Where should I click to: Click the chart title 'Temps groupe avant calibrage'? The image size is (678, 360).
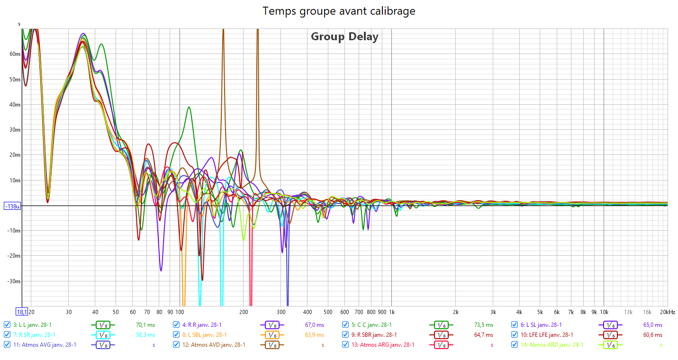coord(339,11)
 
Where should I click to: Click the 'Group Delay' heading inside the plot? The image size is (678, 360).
coord(344,36)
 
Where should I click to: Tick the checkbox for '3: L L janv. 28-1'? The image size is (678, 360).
coord(7,325)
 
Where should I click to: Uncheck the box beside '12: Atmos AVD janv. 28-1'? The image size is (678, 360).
coord(176,345)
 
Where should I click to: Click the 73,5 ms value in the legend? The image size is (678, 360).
coord(484,325)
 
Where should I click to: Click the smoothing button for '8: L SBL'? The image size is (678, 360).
coord(271,335)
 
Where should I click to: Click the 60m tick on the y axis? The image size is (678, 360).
coord(15,54)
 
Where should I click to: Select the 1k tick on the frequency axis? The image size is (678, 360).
coord(392,312)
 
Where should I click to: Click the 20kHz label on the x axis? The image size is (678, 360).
coord(668,312)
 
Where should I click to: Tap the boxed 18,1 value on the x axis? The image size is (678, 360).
coord(22,312)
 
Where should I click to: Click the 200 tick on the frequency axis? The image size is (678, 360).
coord(244,312)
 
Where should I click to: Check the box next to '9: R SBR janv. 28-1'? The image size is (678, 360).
coord(345,335)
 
